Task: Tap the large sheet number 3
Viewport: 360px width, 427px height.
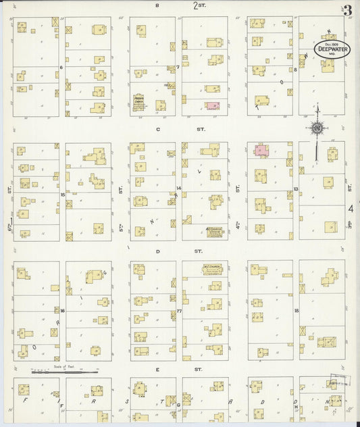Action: point(347,10)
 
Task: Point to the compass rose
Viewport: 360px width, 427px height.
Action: point(316,127)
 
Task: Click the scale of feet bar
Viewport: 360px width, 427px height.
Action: point(65,372)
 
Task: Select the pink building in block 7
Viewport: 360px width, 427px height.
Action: point(212,106)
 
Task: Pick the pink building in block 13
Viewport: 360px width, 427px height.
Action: point(261,150)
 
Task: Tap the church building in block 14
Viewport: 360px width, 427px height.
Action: point(215,232)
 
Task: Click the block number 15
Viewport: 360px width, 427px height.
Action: point(62,195)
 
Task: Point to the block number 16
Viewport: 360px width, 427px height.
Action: point(62,311)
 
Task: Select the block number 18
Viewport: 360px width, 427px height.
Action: point(296,311)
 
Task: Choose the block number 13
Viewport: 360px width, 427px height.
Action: point(296,189)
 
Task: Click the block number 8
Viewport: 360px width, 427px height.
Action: point(296,69)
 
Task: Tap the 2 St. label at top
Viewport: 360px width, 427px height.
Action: point(199,5)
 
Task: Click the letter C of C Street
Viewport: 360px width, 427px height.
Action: point(157,129)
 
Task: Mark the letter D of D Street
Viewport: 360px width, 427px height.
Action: point(157,251)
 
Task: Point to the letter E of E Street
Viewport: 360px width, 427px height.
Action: point(157,370)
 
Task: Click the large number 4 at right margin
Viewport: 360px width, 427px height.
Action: point(350,209)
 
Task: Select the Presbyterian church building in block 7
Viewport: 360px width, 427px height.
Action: point(139,103)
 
